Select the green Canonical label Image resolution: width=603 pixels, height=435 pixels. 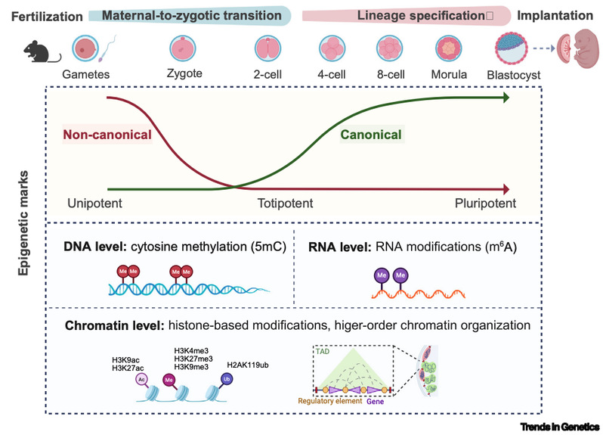click(370, 136)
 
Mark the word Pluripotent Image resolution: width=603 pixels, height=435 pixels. click(485, 204)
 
